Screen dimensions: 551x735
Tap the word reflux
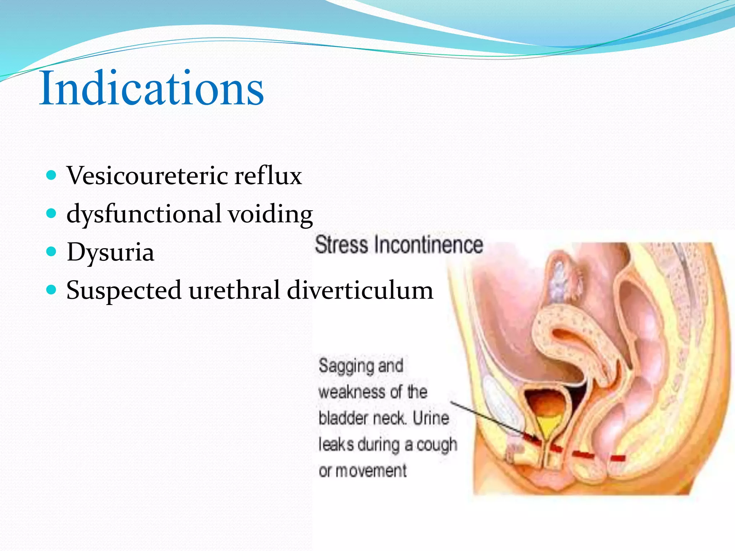[x=268, y=176]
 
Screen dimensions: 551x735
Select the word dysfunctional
[x=144, y=214]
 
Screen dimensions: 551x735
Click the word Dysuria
[x=110, y=252]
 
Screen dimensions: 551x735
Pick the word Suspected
[x=123, y=291]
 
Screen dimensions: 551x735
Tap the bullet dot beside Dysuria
[x=52, y=251]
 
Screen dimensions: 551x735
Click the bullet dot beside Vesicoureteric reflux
[x=52, y=175]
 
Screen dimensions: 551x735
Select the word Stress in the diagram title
[x=341, y=245]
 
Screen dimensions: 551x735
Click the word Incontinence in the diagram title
[x=429, y=245]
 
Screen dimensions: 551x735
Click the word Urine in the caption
[x=431, y=418]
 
